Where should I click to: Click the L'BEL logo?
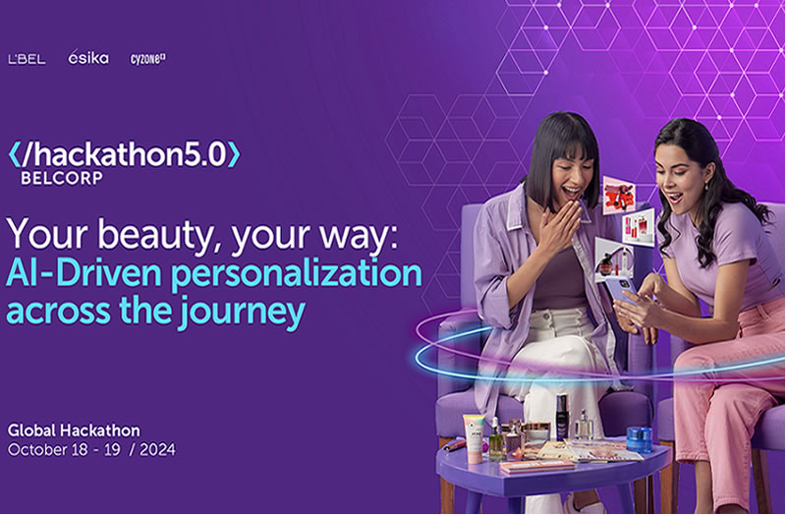click(x=28, y=59)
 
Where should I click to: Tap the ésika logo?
click(x=88, y=57)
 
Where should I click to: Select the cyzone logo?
click(x=148, y=59)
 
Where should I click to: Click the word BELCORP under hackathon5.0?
click(x=62, y=178)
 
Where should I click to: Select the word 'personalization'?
click(x=297, y=275)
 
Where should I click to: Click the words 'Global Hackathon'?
click(x=75, y=430)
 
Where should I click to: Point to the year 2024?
click(x=157, y=449)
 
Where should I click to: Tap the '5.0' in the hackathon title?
click(x=206, y=154)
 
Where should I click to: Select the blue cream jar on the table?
click(x=640, y=439)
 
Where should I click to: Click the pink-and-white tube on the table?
click(x=474, y=438)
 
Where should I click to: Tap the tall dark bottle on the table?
click(x=562, y=418)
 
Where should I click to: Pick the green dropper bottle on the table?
click(x=495, y=441)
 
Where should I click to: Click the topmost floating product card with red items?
click(x=619, y=195)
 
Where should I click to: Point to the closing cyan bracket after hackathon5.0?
click(x=234, y=154)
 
